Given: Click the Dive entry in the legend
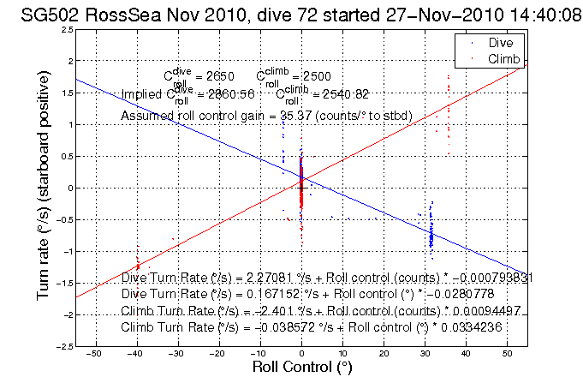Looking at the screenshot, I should [x=500, y=42].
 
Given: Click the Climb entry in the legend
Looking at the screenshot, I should [x=503, y=57].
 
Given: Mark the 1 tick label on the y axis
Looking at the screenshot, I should [x=68, y=125].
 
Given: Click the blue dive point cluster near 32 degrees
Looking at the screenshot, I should [x=431, y=231].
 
